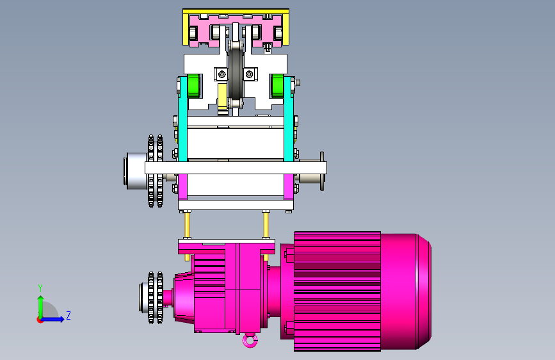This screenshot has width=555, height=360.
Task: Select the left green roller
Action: tap(193, 86)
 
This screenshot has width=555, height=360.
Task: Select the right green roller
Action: tap(278, 86)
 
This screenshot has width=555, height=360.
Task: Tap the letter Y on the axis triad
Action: tap(40, 288)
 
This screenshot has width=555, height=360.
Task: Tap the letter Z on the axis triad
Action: tap(68, 315)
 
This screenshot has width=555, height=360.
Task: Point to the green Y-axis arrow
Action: tap(41, 307)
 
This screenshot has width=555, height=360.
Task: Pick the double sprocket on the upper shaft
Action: tap(156, 171)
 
